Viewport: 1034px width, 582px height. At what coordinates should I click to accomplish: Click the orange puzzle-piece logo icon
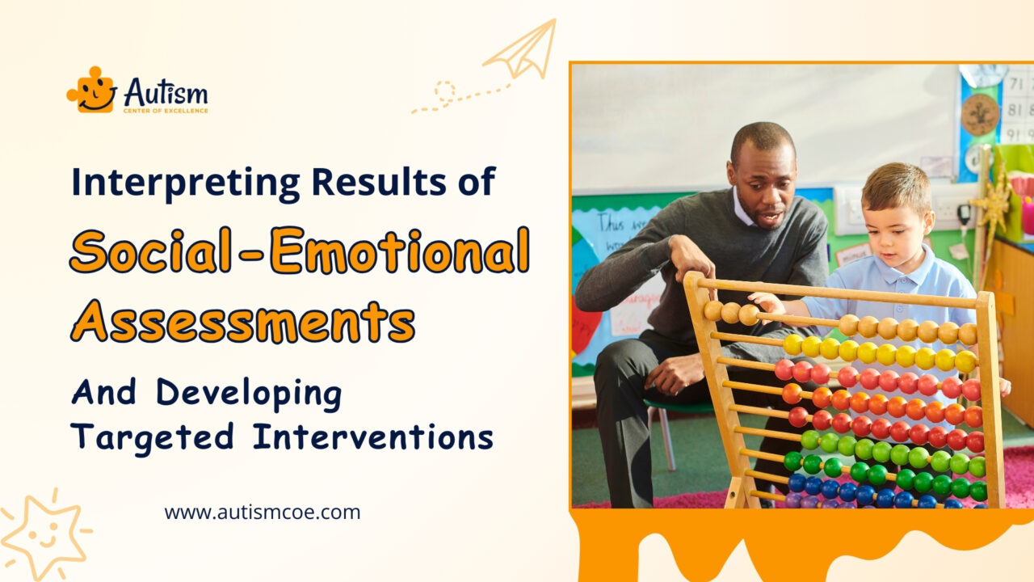pos(90,90)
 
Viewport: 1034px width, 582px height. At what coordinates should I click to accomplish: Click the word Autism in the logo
pos(166,91)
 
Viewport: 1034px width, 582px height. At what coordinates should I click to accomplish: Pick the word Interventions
pos(372,436)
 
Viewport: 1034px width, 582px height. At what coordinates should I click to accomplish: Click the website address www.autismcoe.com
pos(263,512)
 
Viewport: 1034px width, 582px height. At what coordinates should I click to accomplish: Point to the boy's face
pos(897,214)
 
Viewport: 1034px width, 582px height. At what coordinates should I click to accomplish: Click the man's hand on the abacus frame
pos(691,257)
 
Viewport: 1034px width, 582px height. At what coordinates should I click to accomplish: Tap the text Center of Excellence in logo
pos(165,110)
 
